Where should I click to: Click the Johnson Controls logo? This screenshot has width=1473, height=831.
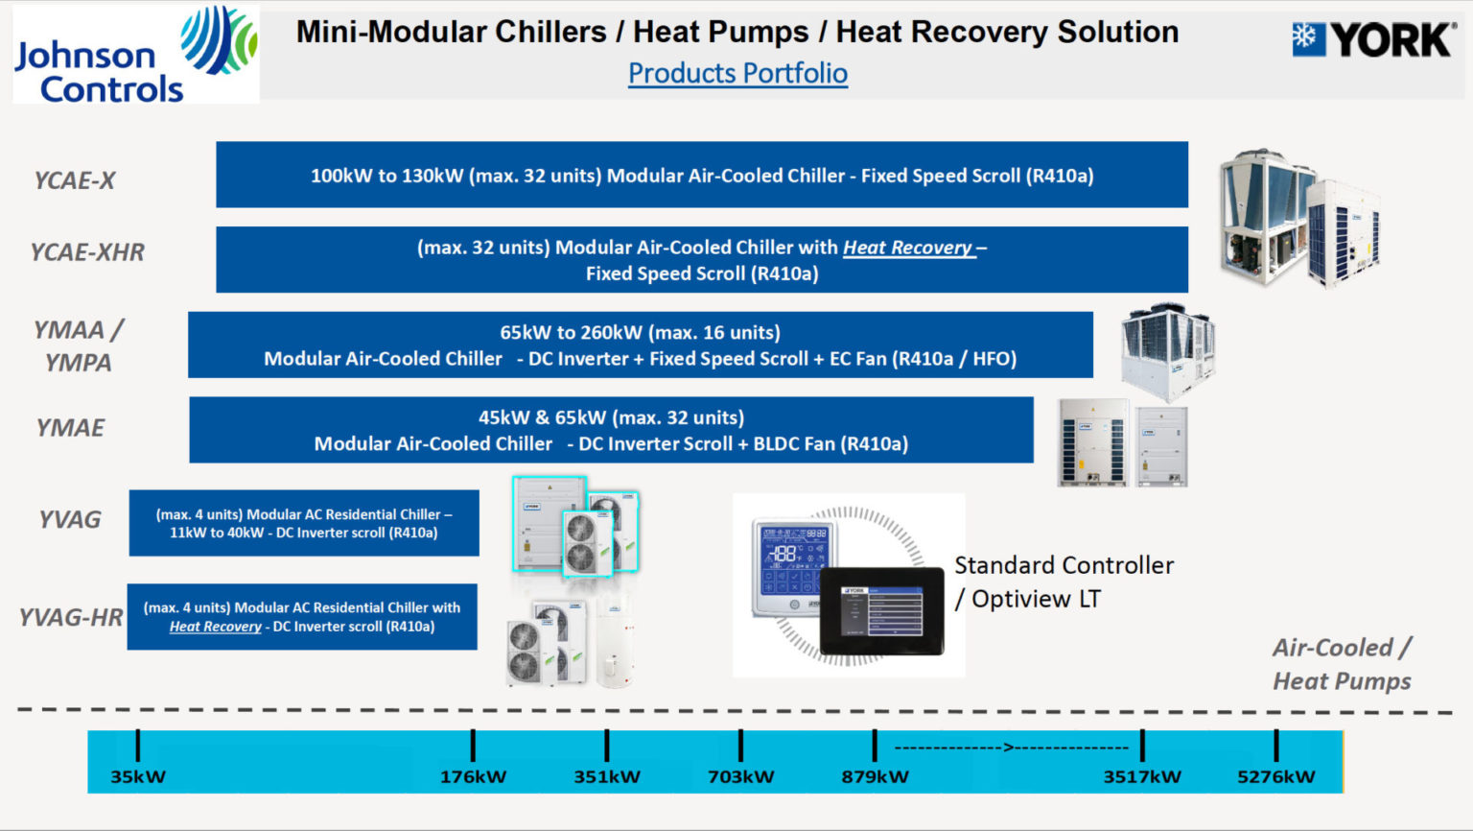pos(135,55)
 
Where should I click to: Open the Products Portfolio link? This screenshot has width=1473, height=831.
pos(737,73)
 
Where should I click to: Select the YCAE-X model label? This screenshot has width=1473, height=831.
pos(75,180)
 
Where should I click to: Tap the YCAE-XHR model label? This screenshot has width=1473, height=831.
pos(87,252)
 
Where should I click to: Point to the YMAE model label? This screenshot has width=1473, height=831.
pos(70,428)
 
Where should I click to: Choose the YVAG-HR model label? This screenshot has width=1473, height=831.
pos(71,617)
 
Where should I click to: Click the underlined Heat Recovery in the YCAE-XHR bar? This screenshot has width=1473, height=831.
pos(907,248)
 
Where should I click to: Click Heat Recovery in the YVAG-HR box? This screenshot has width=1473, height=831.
pos(216,627)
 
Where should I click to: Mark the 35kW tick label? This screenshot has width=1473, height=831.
pos(138,776)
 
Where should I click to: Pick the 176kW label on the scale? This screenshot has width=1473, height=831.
pos(473,776)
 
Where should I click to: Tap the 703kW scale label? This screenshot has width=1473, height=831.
pos(740,776)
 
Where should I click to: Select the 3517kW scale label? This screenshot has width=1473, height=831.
pos(1142,776)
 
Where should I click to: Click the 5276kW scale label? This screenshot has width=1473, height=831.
pos(1275,776)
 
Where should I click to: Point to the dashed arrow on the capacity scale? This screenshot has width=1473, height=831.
pos(1010,747)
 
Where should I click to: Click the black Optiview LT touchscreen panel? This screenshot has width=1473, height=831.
pos(881,612)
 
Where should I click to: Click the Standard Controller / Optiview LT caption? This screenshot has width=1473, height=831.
pos(1064,582)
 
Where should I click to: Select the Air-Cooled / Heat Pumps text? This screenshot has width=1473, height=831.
pos(1342,664)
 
